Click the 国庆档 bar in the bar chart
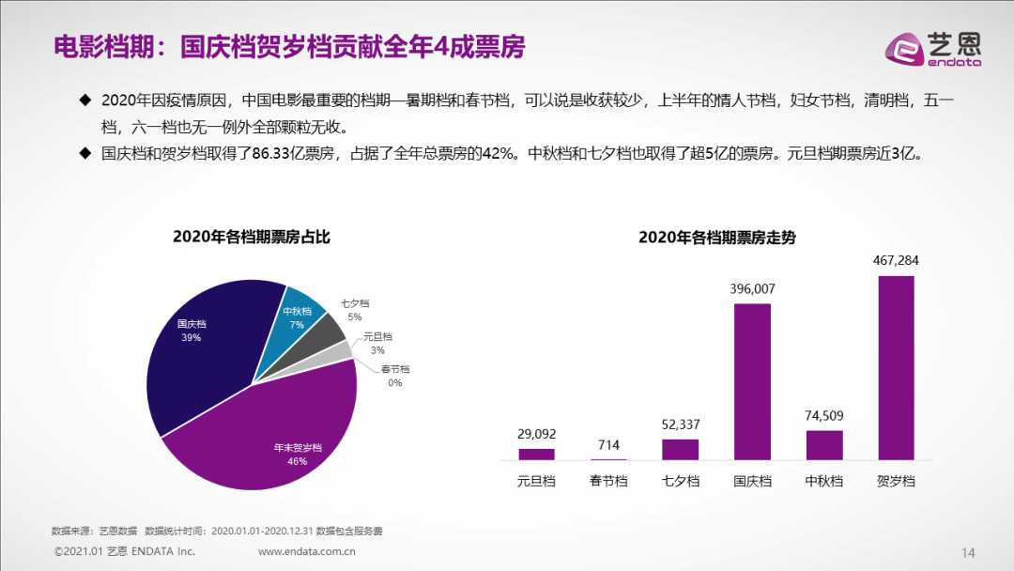[752, 381]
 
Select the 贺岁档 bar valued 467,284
[896, 367]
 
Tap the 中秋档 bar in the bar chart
[824, 445]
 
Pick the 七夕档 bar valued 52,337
[680, 449]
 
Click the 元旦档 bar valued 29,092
[536, 454]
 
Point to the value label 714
[608, 444]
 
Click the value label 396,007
[752, 289]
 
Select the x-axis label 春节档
[608, 481]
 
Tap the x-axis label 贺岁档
[896, 481]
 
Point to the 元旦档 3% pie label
[377, 343]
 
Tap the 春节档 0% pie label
[394, 376]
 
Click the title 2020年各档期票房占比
[252, 237]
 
